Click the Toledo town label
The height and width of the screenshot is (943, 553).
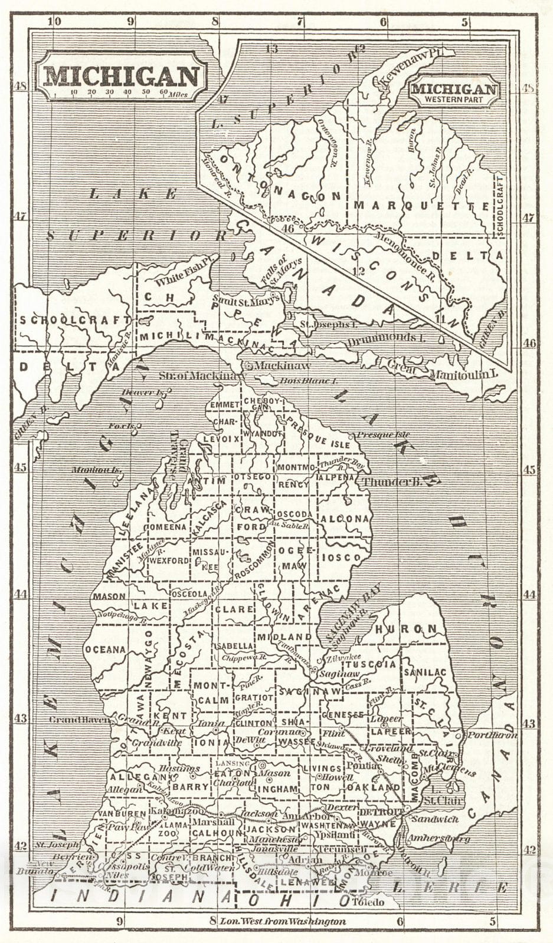368,902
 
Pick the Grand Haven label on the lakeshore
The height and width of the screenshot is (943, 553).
79,720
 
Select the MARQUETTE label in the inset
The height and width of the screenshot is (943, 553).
421,206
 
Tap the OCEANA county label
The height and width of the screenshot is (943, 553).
106,649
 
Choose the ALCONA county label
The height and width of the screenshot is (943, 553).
346,519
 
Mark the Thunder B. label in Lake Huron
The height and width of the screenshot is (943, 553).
391,482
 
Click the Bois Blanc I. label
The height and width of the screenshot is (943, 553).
307,381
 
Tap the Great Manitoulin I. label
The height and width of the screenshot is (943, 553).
444,371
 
